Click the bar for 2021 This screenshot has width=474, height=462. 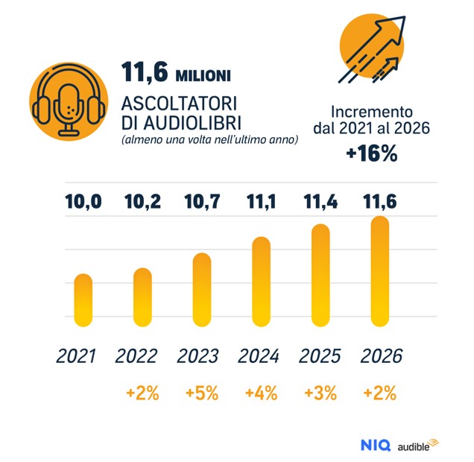click(83, 299)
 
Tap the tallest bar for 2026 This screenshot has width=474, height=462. click(379, 270)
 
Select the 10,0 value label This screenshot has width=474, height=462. click(83, 201)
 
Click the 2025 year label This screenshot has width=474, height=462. click(320, 356)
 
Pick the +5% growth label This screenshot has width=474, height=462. click(201, 393)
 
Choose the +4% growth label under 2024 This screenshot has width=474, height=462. click(261, 393)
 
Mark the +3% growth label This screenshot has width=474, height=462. click(320, 393)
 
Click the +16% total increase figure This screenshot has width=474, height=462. click(371, 154)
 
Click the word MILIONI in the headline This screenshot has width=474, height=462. click(203, 75)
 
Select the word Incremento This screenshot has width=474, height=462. click(371, 110)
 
